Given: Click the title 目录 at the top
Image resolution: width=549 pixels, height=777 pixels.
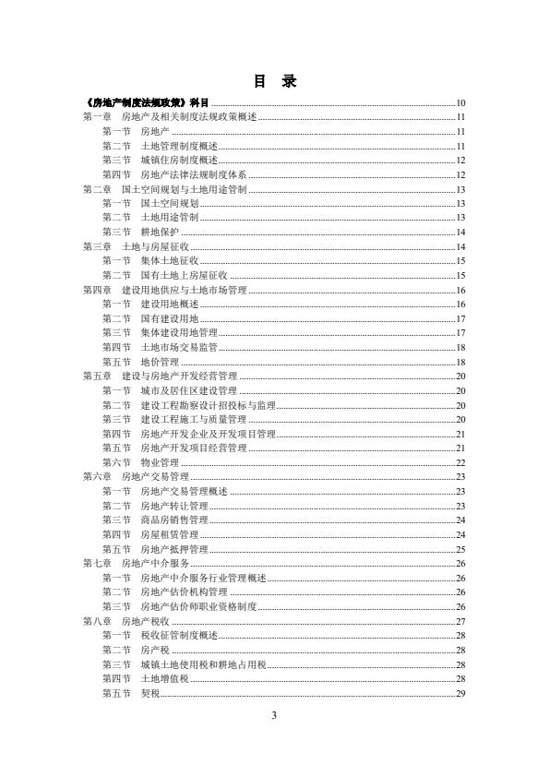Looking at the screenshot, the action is [x=274, y=81].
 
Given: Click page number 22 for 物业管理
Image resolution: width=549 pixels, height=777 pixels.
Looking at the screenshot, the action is [x=459, y=462].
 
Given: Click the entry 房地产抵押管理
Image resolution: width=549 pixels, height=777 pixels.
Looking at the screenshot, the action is [x=173, y=549].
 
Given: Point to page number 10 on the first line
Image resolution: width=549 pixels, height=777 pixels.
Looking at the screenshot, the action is [x=459, y=102].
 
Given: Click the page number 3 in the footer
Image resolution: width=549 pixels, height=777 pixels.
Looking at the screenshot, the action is [x=274, y=715].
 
